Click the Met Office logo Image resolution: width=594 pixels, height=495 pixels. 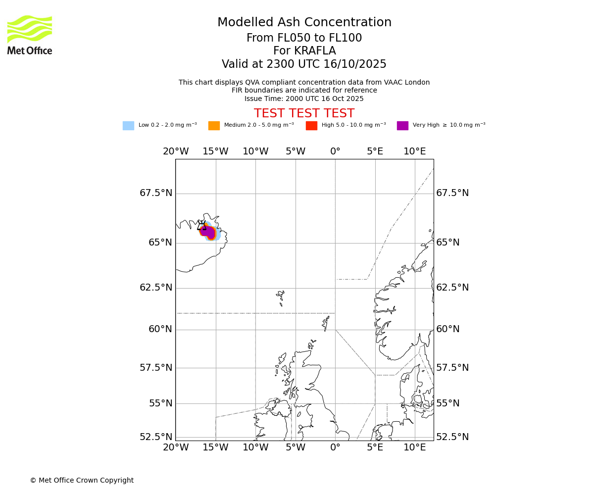(30, 35)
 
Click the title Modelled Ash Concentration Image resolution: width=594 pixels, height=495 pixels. (304, 23)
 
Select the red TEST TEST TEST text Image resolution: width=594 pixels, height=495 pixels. (304, 114)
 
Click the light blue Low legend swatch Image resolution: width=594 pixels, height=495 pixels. (128, 126)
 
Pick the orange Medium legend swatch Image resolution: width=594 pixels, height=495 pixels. (214, 126)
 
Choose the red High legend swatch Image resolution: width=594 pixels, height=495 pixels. (311, 126)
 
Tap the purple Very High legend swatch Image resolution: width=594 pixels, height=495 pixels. (402, 126)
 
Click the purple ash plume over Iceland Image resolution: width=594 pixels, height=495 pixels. (208, 232)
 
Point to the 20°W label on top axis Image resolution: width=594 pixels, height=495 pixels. (176, 151)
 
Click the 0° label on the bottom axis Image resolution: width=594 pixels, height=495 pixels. (335, 448)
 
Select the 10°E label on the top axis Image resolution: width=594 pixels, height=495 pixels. (415, 151)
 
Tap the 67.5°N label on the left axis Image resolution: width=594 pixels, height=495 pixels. (156, 193)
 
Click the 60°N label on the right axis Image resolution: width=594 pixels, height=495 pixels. (448, 329)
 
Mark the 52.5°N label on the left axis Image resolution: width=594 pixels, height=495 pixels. (156, 437)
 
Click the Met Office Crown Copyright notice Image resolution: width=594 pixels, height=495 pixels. (82, 480)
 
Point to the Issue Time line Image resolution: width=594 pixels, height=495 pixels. (304, 99)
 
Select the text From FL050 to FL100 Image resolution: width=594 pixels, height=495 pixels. (304, 38)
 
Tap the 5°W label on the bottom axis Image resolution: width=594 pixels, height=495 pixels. (296, 448)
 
